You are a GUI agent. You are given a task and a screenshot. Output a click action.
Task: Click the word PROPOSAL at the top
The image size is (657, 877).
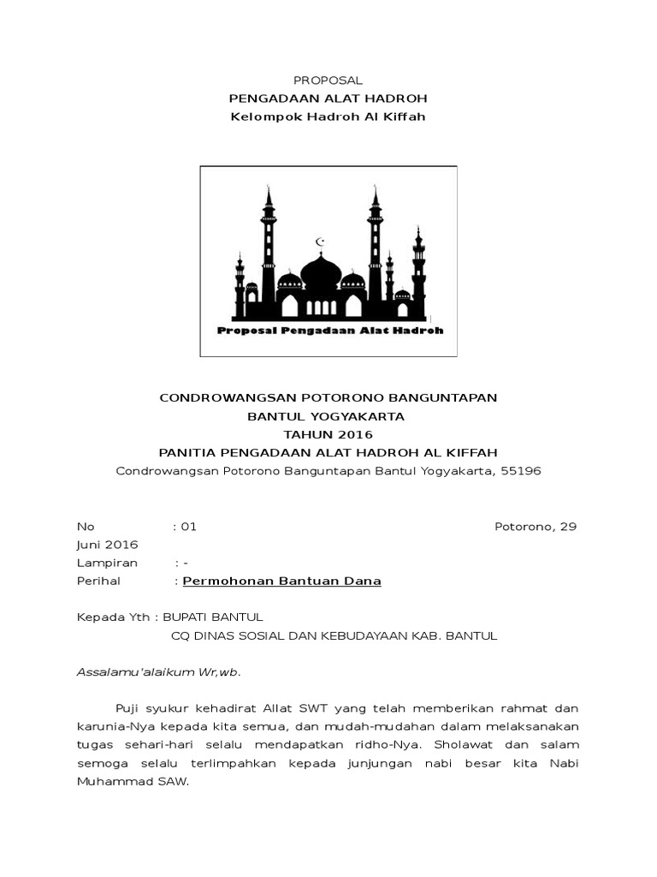[x=328, y=80]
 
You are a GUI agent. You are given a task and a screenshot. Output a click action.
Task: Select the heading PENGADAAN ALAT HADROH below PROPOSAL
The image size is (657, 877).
[x=328, y=98]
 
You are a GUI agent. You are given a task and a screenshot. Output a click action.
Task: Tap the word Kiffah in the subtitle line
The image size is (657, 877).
[x=405, y=116]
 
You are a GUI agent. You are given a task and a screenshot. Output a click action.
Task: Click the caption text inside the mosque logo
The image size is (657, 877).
[x=330, y=331]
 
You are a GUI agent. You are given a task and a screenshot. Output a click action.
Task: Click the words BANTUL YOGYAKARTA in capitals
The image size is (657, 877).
[x=328, y=416]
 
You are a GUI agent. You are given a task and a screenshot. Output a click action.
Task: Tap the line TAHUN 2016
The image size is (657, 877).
[x=328, y=434]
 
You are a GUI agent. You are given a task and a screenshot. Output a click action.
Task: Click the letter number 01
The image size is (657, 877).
[x=188, y=526]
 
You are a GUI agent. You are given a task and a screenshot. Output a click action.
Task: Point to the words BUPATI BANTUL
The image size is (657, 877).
[x=213, y=617]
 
